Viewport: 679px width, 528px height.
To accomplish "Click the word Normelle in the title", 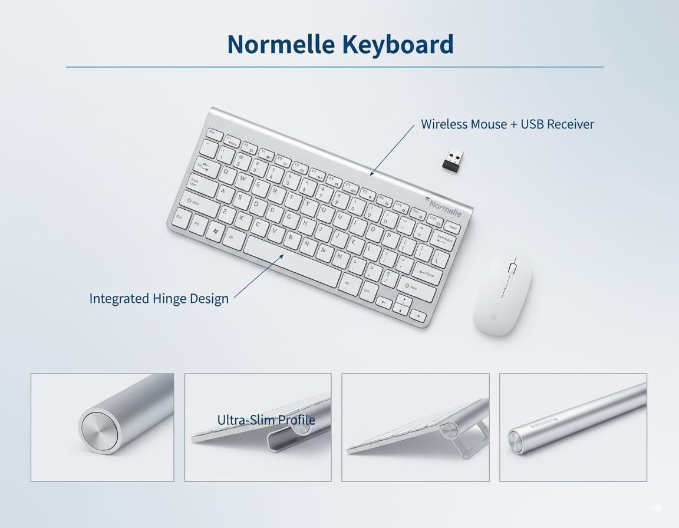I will pos(277,45).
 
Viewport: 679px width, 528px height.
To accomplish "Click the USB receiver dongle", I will pos(453,159).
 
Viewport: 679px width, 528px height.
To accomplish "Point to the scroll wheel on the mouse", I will pos(512,268).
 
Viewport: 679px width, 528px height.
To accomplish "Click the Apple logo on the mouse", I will pos(495,316).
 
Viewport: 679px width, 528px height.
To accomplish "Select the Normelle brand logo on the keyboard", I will pos(444,207).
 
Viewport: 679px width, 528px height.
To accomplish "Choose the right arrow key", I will pos(418,316).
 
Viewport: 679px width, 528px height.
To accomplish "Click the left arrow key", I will pos(384,303).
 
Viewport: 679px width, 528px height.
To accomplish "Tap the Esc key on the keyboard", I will pos(215,133).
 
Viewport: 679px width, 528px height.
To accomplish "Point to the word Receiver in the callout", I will pos(570,124).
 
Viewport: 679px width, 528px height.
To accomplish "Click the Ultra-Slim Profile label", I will pos(266,420).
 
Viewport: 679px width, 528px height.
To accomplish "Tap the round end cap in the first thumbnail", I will pos(98,432).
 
